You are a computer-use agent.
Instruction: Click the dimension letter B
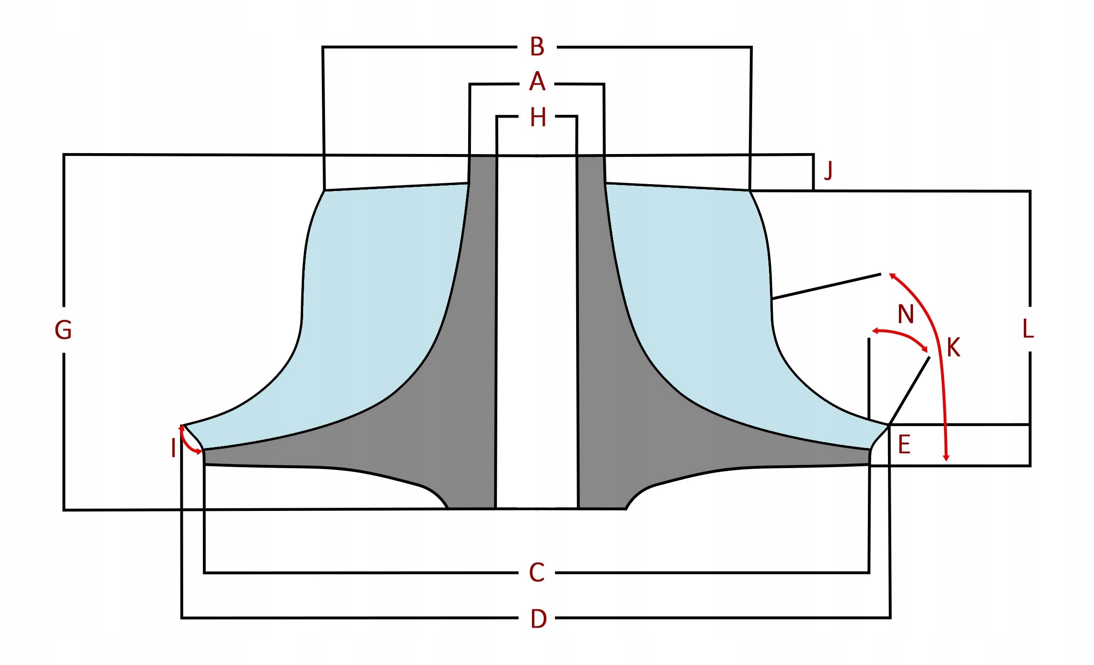(537, 47)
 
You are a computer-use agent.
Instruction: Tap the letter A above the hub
(537, 82)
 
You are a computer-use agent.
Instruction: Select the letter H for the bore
(538, 118)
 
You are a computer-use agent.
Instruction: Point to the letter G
(63, 330)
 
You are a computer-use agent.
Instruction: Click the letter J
(828, 171)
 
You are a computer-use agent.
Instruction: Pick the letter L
(1028, 329)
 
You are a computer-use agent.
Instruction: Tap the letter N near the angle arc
(906, 314)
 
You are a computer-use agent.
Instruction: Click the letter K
(953, 348)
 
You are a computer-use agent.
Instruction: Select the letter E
(904, 444)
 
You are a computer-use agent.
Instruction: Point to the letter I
(173, 448)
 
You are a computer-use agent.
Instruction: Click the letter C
(537, 572)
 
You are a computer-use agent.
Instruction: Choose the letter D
(538, 619)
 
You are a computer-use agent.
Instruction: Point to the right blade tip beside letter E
(888, 425)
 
